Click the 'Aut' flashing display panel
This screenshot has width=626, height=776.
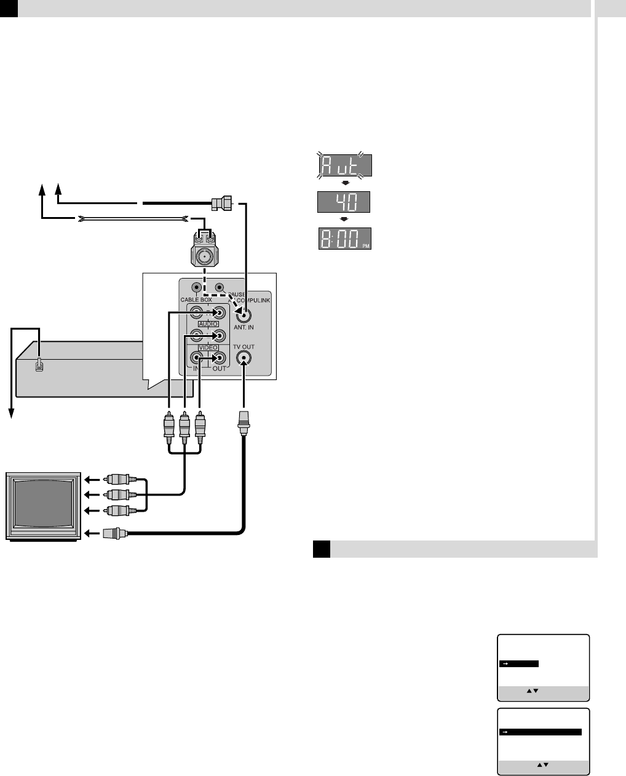pos(344,165)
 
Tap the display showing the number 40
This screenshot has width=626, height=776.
pos(344,202)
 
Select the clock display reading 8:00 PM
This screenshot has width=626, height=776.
pos(344,239)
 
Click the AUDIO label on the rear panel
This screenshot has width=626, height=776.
pos(208,324)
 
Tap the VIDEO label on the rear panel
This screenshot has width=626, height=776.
pos(208,347)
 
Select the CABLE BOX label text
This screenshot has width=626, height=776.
pos(196,299)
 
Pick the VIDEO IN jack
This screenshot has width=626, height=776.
pos(197,358)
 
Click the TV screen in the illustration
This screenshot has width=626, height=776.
pos(44,504)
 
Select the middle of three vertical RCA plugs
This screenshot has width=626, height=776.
pos(184,425)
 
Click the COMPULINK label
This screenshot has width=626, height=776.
pos(253,299)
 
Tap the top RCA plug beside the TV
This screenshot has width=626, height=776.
pos(117,478)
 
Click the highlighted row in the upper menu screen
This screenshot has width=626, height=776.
pos(520,663)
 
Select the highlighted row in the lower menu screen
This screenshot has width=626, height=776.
pos(541,732)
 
